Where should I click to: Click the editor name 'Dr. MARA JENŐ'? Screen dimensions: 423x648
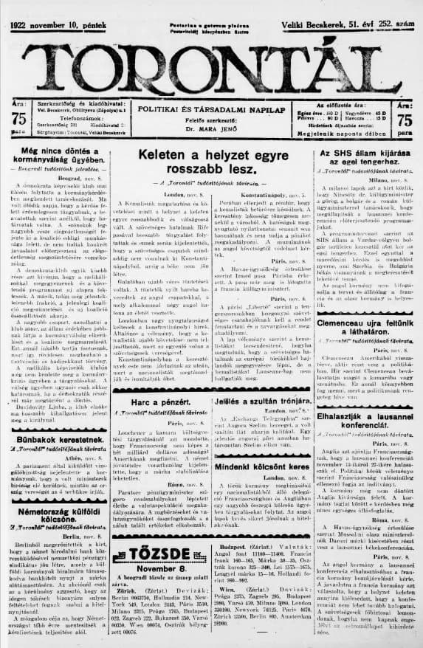point(211,128)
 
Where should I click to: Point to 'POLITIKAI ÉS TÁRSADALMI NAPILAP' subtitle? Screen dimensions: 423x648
point(211,108)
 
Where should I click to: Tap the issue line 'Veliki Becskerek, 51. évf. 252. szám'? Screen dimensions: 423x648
point(349,26)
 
